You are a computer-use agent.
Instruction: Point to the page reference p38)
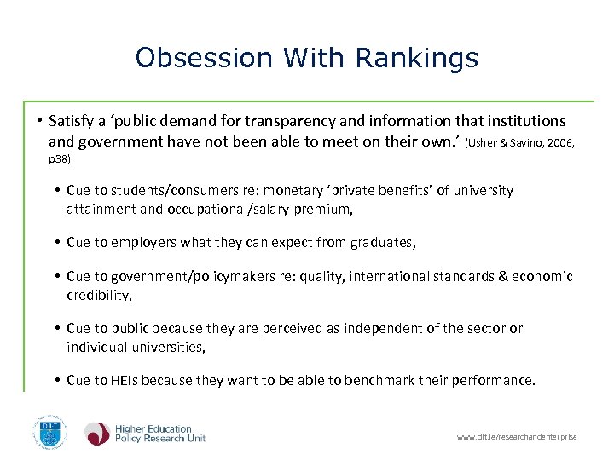tap(60, 158)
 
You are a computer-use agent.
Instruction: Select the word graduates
tap(382, 243)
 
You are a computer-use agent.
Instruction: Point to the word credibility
tap(100, 295)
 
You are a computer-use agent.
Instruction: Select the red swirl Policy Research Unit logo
tap(96, 434)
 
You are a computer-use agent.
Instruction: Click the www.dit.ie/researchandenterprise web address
tap(516, 437)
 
